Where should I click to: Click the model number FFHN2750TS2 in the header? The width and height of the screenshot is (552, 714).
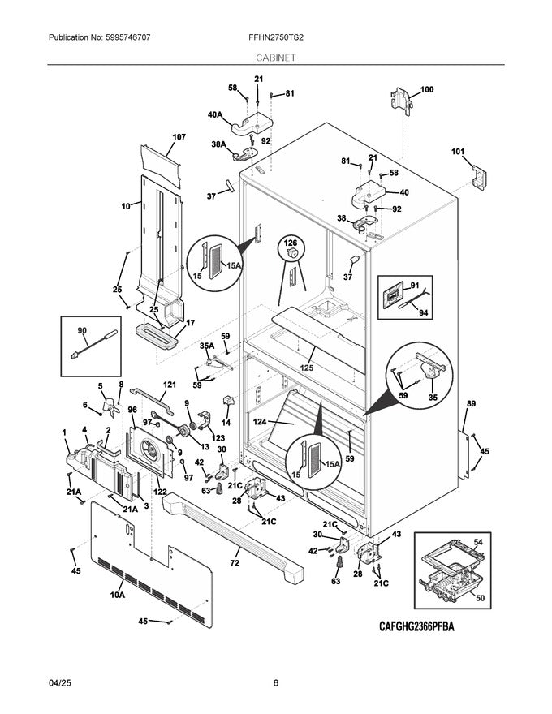click(x=276, y=37)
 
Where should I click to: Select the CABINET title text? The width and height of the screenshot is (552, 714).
click(x=276, y=58)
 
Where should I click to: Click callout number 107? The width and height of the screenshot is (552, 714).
click(x=179, y=137)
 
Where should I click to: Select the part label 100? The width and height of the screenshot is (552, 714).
click(x=426, y=89)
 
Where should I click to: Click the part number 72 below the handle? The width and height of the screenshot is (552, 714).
click(x=235, y=561)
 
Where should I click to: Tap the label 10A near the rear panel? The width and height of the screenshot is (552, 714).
click(x=117, y=595)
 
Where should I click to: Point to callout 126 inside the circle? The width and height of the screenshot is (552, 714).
click(x=290, y=241)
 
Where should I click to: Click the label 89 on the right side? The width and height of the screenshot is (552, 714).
click(x=471, y=403)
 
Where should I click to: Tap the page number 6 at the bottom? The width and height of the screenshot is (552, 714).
click(x=276, y=683)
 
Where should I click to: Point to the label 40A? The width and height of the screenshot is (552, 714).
click(x=215, y=116)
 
